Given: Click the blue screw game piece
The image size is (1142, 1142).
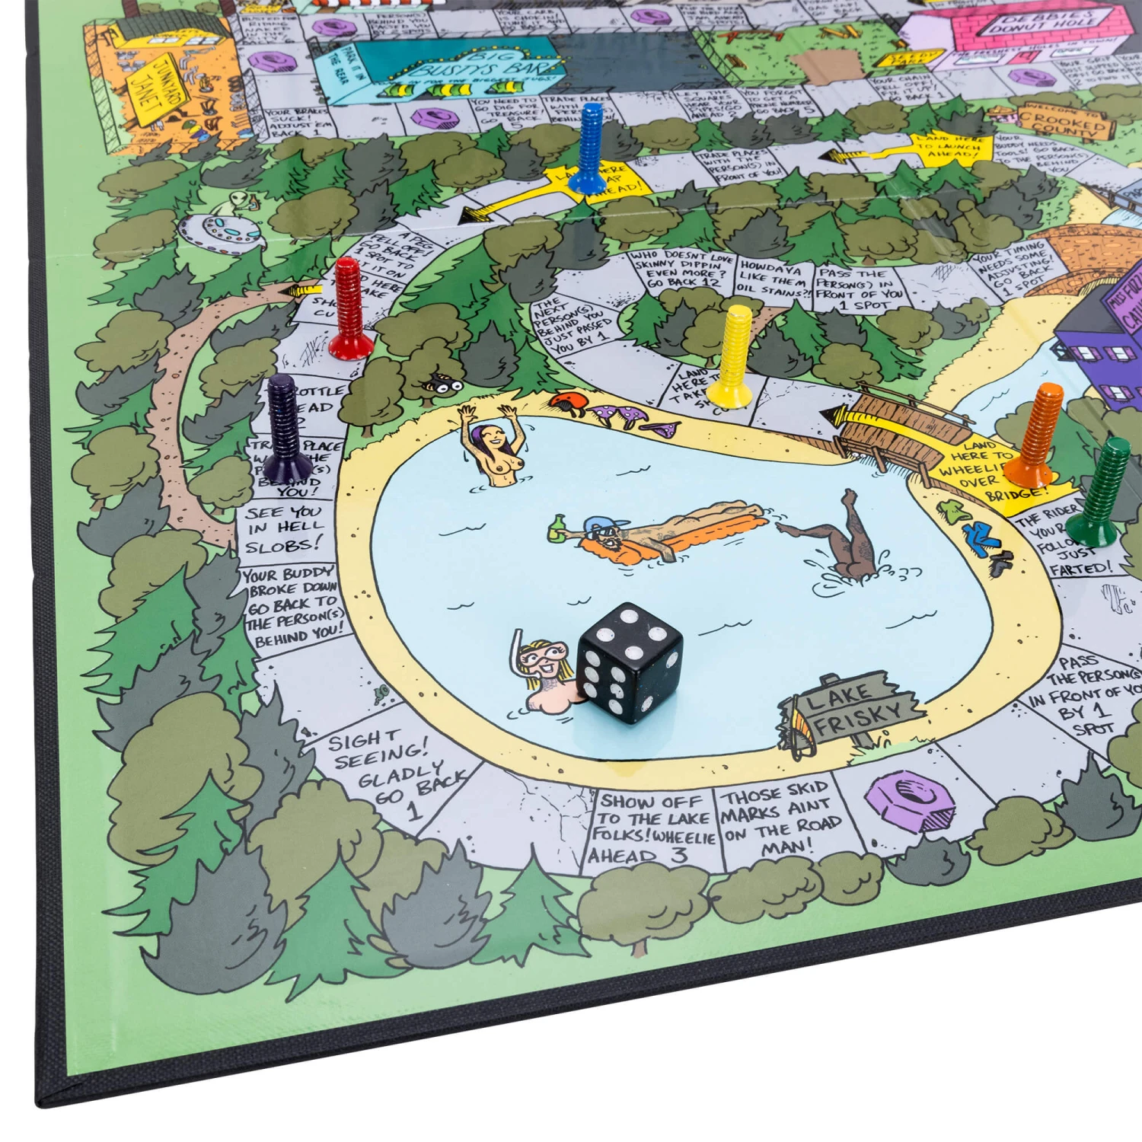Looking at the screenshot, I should [x=589, y=149].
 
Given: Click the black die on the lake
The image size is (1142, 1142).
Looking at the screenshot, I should [x=630, y=662].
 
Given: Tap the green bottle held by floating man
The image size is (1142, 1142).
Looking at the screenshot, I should [x=557, y=528].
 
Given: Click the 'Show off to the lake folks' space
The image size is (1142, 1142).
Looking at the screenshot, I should [x=653, y=828].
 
